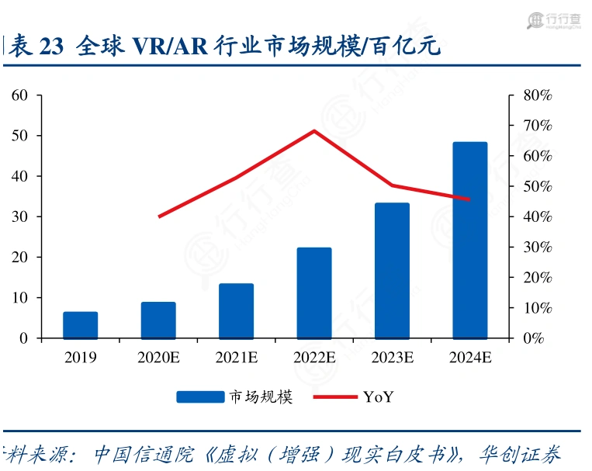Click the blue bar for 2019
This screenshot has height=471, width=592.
(81, 325)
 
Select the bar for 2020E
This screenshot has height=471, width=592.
(158, 320)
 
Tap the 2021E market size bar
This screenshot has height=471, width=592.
(236, 311)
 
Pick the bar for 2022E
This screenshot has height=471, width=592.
(314, 293)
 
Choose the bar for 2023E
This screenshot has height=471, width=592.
(392, 271)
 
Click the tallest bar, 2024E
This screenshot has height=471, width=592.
(469, 241)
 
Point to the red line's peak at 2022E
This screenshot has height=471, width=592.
(314, 130)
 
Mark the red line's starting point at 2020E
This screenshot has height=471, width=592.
(159, 216)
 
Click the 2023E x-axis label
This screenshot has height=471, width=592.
(392, 358)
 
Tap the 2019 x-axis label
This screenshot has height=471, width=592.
(81, 358)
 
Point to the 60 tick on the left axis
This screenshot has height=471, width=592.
(20, 95)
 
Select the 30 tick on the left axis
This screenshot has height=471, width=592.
(20, 216)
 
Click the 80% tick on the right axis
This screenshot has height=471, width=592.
(535, 95)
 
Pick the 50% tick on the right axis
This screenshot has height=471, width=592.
(535, 186)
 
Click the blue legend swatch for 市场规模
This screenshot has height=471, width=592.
(200, 397)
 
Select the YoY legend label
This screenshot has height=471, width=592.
(379, 397)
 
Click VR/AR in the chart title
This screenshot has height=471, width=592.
(168, 47)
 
